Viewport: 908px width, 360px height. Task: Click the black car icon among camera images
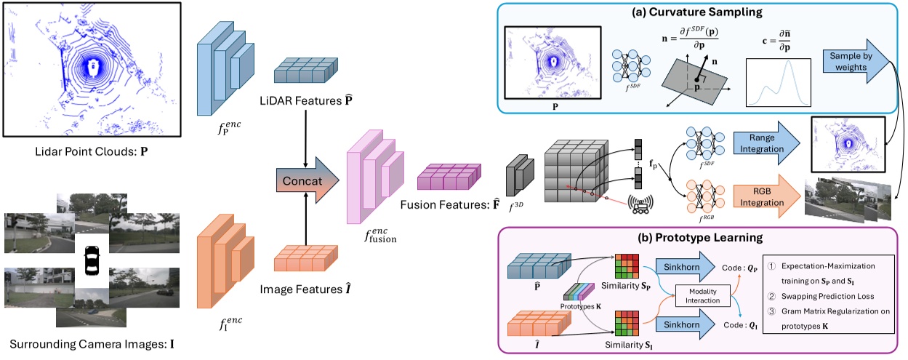click(92, 260)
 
